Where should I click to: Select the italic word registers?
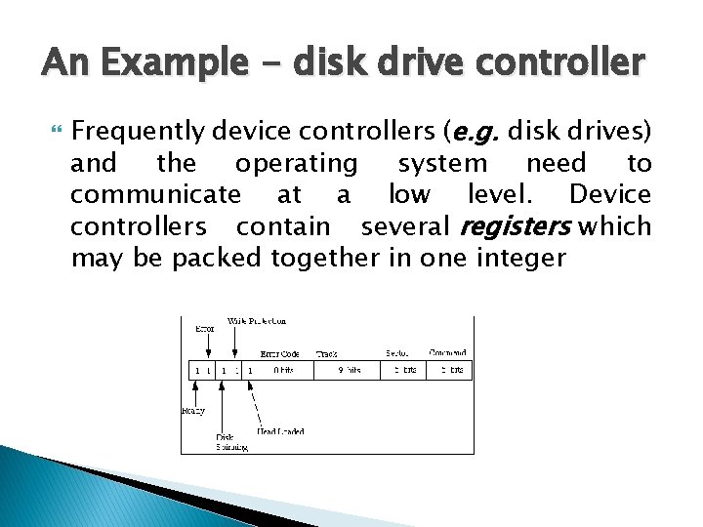[515, 226]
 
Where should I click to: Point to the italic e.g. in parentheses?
[475, 130]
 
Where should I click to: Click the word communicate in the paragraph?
[155, 194]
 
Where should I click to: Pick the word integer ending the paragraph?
[522, 259]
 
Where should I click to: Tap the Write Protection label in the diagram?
[256, 320]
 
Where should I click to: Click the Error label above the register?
[204, 329]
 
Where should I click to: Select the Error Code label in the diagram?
[280, 353]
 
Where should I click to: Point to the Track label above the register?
[328, 353]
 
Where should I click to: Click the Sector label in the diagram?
[396, 353]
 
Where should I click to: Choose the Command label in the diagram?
[447, 352]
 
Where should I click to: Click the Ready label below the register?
[193, 411]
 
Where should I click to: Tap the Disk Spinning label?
[231, 442]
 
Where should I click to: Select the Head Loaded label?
[280, 430]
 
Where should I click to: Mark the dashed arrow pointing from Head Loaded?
[256, 402]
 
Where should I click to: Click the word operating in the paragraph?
[297, 162]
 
